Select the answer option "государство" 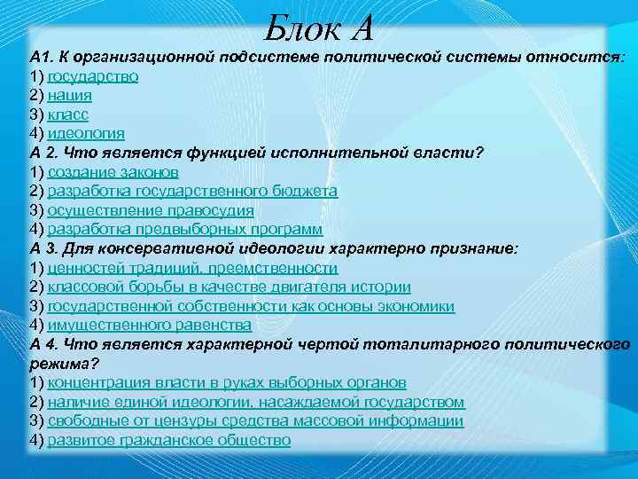(92, 75)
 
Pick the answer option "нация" (69, 95)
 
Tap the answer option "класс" (68, 114)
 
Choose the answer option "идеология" (86, 133)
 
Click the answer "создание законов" (113, 171)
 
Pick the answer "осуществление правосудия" (150, 210)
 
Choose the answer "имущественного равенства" (149, 325)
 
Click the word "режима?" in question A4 (60, 364)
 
